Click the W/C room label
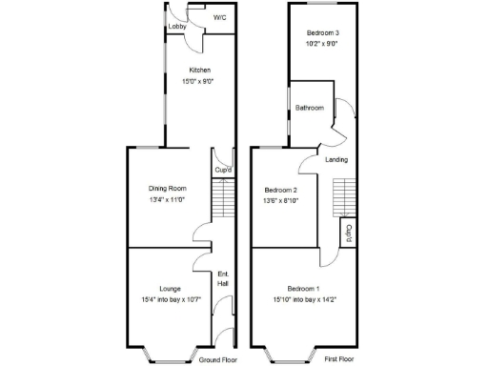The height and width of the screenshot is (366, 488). (219, 17)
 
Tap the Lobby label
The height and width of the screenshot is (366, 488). (177, 27)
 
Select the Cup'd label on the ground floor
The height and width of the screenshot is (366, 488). (221, 171)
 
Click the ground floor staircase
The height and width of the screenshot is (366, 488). (221, 201)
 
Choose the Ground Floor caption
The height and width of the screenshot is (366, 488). (218, 359)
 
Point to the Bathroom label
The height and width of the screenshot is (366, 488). (310, 108)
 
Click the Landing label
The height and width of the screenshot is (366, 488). (335, 159)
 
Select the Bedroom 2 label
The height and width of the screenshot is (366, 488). (281, 189)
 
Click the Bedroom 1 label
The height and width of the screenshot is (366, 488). (304, 288)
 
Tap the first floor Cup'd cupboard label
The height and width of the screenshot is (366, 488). (350, 232)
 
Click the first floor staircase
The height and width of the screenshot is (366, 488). (343, 197)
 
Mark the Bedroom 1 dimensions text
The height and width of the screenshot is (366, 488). (304, 299)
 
